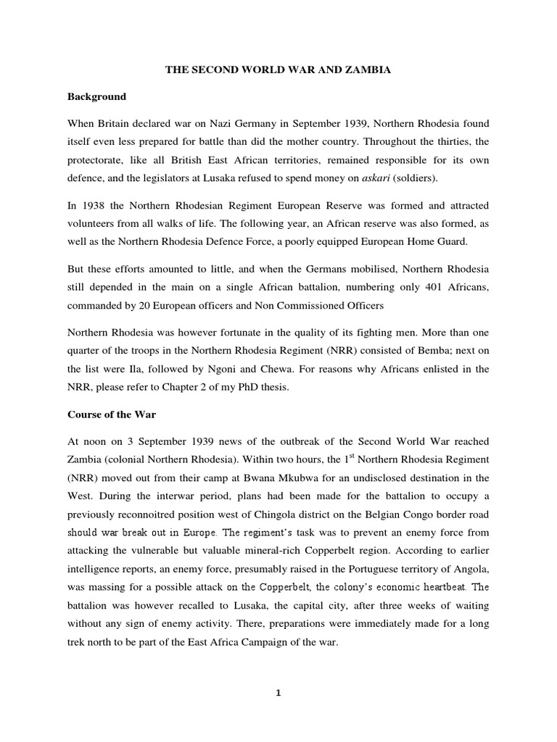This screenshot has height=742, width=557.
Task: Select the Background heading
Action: coord(96,96)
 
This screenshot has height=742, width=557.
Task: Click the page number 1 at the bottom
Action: coord(278,693)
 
